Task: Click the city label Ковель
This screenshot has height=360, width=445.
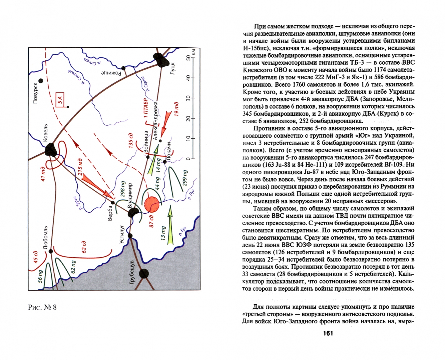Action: [x=46, y=132]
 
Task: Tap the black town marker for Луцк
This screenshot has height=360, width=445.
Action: [x=162, y=59]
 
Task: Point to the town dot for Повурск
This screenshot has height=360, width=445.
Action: [x=41, y=81]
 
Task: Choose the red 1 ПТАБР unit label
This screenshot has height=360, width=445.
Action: [x=145, y=108]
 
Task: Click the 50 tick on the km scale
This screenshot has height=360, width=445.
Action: [x=189, y=58]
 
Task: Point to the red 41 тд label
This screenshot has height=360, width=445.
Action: [x=43, y=174]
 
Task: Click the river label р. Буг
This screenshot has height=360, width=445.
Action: [x=182, y=231]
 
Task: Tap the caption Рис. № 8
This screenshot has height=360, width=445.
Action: [x=42, y=307]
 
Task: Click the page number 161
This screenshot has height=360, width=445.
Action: [x=328, y=333]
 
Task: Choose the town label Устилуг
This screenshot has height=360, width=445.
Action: [x=122, y=234]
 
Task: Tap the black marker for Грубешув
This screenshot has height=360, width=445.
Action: [x=144, y=274]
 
